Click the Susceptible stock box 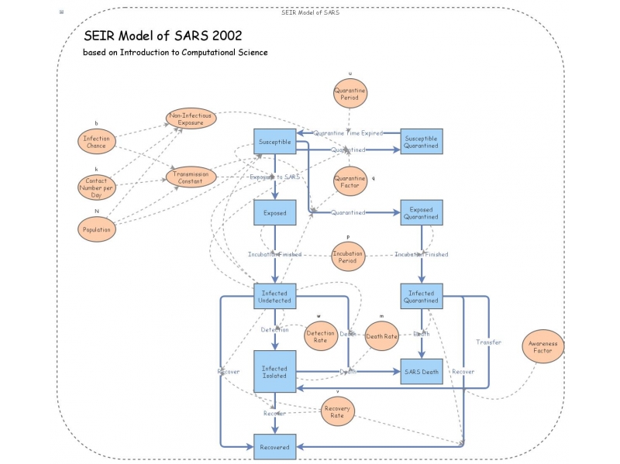coord(274,143)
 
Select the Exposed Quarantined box coord(421,213)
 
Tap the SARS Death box coord(421,372)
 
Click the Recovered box coord(274,447)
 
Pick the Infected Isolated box coord(274,372)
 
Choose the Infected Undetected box coord(274,297)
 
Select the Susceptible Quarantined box coord(421,143)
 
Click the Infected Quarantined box coord(421,297)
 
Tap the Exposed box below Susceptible coord(274,213)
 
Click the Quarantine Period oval coord(350,95)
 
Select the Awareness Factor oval coord(542,346)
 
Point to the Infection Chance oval coord(97,142)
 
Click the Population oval coord(97,229)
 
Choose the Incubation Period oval coord(348,257)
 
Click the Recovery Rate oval coord(337,411)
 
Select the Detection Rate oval coord(320,337)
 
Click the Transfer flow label coord(488,342)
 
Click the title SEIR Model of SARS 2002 coord(163,36)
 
